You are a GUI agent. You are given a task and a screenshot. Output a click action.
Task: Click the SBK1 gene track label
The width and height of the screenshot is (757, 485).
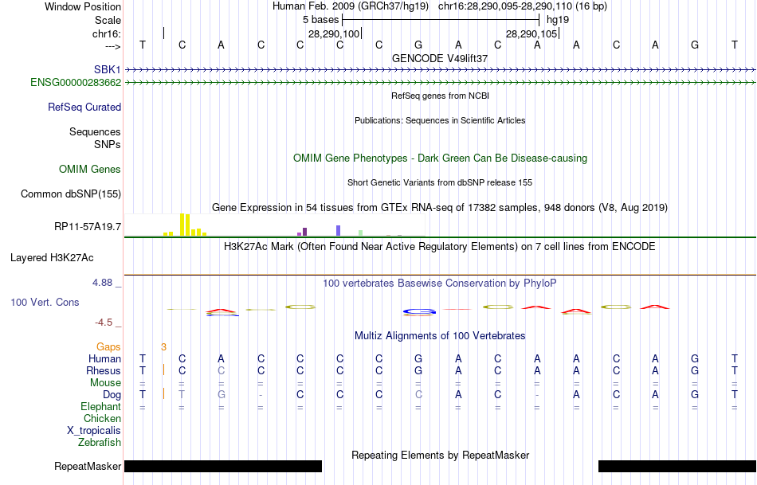108,70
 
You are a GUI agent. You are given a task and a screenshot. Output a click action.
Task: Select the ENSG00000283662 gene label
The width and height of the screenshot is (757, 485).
76,82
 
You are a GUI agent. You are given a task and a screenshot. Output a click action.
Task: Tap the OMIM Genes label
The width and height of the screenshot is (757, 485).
90,169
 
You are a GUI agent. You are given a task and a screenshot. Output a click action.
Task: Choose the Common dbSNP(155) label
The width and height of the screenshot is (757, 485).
71,194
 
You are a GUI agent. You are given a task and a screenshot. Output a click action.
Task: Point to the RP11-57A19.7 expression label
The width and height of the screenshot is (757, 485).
88,227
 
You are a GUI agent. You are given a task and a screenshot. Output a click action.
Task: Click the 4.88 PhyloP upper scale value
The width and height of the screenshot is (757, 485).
105,283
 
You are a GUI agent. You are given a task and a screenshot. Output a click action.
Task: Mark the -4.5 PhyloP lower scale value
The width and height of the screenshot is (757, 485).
107,323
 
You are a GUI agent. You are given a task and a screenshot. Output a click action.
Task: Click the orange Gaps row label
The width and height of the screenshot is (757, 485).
108,346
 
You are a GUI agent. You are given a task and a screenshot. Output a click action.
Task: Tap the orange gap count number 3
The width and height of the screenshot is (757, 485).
163,346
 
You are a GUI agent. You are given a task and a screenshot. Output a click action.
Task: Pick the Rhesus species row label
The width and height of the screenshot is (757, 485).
104,370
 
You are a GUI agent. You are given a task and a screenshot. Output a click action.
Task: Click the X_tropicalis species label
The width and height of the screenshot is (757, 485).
94,430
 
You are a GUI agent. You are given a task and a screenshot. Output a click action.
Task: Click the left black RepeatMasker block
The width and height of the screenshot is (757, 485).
223,466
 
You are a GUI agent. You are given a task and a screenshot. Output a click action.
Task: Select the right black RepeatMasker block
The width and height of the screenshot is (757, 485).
677,466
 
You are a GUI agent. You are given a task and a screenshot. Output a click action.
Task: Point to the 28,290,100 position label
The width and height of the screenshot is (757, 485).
334,33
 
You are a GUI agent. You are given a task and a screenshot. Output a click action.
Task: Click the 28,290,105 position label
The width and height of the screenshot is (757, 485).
532,33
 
